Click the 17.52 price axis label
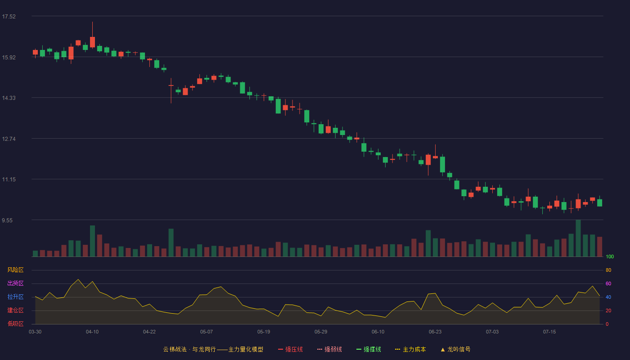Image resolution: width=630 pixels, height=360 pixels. coord(9,17)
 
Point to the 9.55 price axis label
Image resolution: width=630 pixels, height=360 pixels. coord(7,220)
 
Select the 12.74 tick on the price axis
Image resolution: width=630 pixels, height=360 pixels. coord(9,139)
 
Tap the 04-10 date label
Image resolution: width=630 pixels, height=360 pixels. coord(92,332)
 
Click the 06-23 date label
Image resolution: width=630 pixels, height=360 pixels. coord(435,332)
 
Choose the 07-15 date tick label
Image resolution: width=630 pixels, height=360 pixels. coord(549,332)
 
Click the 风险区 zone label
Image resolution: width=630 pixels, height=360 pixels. coord(15,270)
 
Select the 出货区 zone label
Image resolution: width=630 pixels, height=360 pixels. coord(15,283)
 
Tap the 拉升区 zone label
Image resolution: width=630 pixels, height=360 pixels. coord(15,297)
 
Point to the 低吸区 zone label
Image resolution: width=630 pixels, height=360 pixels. coord(15,324)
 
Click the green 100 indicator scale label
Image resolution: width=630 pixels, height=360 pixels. coord(610,256)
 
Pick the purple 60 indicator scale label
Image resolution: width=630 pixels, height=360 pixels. coord(608,283)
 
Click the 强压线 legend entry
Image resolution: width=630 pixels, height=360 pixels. coord(290,349)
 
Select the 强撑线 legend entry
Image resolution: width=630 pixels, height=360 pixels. coord(369,349)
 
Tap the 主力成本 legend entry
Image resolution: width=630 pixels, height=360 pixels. coord(410,349)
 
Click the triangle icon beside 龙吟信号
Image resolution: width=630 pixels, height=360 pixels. coord(443,350)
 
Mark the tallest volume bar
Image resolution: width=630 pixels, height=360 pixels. coord(578,238)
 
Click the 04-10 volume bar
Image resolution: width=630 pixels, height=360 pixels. coord(92,241)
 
